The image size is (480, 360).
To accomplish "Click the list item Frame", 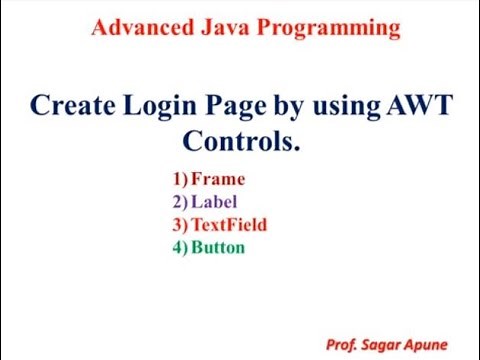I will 218,180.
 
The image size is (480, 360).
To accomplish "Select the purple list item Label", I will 215,202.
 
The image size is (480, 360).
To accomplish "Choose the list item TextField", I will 230,224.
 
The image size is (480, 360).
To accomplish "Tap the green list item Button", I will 219,246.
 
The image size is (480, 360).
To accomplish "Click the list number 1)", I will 180,180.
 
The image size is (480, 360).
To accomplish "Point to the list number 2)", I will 180,202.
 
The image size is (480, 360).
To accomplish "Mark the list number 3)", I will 180,224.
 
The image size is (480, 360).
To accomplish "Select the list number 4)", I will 180,246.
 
